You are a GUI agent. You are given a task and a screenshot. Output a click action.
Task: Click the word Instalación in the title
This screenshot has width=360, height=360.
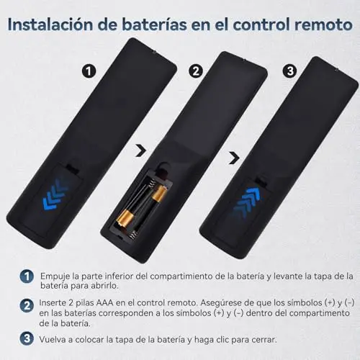click(x=50, y=24)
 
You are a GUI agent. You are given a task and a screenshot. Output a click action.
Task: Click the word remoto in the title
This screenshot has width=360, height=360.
click(x=323, y=24)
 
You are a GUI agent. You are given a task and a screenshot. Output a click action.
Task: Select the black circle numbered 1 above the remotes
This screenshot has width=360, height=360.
click(x=89, y=71)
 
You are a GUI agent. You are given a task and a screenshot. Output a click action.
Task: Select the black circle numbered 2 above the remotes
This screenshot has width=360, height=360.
click(x=196, y=71)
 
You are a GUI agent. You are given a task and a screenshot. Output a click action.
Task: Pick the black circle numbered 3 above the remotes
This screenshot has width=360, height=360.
click(x=290, y=71)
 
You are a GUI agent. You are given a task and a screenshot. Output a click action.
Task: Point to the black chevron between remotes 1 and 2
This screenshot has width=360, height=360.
click(x=140, y=150)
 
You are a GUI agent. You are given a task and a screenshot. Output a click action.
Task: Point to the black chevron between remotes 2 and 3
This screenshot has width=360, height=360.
click(x=234, y=158)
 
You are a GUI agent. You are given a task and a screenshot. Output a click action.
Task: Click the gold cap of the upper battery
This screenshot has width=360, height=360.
click(x=159, y=194)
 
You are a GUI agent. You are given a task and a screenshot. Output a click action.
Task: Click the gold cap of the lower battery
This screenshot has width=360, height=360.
click(x=125, y=217)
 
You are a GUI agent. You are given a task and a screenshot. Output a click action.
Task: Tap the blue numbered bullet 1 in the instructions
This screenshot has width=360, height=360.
click(x=27, y=276)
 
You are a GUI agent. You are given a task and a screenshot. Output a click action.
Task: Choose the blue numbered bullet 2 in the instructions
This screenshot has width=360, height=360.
click(x=27, y=306)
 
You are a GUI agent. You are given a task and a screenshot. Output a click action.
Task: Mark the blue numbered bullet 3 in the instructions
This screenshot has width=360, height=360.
click(x=27, y=338)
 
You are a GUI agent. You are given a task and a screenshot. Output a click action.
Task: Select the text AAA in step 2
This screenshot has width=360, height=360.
click(x=104, y=302)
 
